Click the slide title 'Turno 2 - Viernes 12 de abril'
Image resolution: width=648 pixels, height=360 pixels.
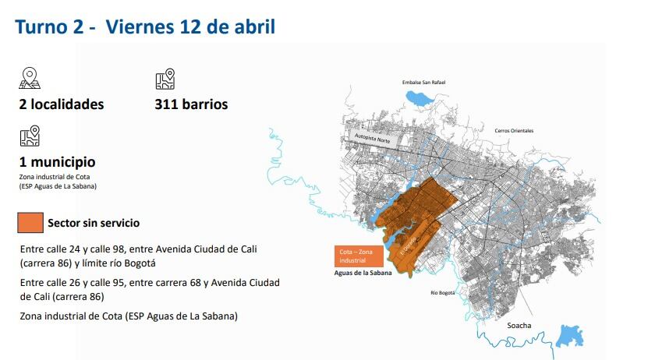tap(144, 27)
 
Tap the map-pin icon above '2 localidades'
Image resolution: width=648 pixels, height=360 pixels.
tap(30, 78)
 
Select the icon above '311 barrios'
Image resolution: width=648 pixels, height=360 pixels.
tap(165, 79)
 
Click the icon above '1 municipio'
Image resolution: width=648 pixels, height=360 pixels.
tap(30, 137)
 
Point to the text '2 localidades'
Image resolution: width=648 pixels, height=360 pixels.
tap(61, 104)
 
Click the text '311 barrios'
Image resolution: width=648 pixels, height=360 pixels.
tap(191, 104)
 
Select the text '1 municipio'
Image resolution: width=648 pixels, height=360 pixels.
tap(57, 162)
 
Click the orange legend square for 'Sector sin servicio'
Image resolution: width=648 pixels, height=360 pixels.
tap(30, 223)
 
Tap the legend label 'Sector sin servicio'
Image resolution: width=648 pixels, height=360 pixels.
tap(94, 223)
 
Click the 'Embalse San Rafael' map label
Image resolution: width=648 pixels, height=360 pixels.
tap(427, 82)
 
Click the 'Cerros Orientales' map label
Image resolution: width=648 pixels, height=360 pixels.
tap(514, 130)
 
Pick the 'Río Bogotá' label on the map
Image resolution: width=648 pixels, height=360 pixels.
tap(443, 293)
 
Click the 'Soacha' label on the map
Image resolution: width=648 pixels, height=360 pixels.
tap(519, 325)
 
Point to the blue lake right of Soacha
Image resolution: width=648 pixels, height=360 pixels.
tap(570, 337)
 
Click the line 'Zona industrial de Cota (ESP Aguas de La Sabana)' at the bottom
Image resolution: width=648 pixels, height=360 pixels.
tap(129, 316)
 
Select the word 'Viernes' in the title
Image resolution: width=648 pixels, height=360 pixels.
tap(137, 27)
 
